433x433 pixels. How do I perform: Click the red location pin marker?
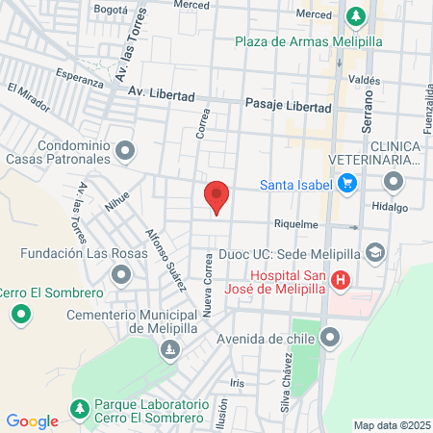[216, 196]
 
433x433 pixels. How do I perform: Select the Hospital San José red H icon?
[341, 281]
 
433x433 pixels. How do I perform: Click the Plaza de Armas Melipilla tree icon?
[356, 16]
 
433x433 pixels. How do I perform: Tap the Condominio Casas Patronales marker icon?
[125, 150]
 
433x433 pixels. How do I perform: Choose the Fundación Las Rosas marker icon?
[120, 276]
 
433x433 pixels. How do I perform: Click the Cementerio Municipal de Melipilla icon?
[170, 349]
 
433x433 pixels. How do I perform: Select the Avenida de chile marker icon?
[332, 338]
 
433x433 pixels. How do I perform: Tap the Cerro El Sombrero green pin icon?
[20, 315]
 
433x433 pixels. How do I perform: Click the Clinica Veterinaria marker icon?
[393, 181]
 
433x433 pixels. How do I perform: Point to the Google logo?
[32, 420]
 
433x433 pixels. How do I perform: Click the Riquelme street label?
[295, 224]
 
